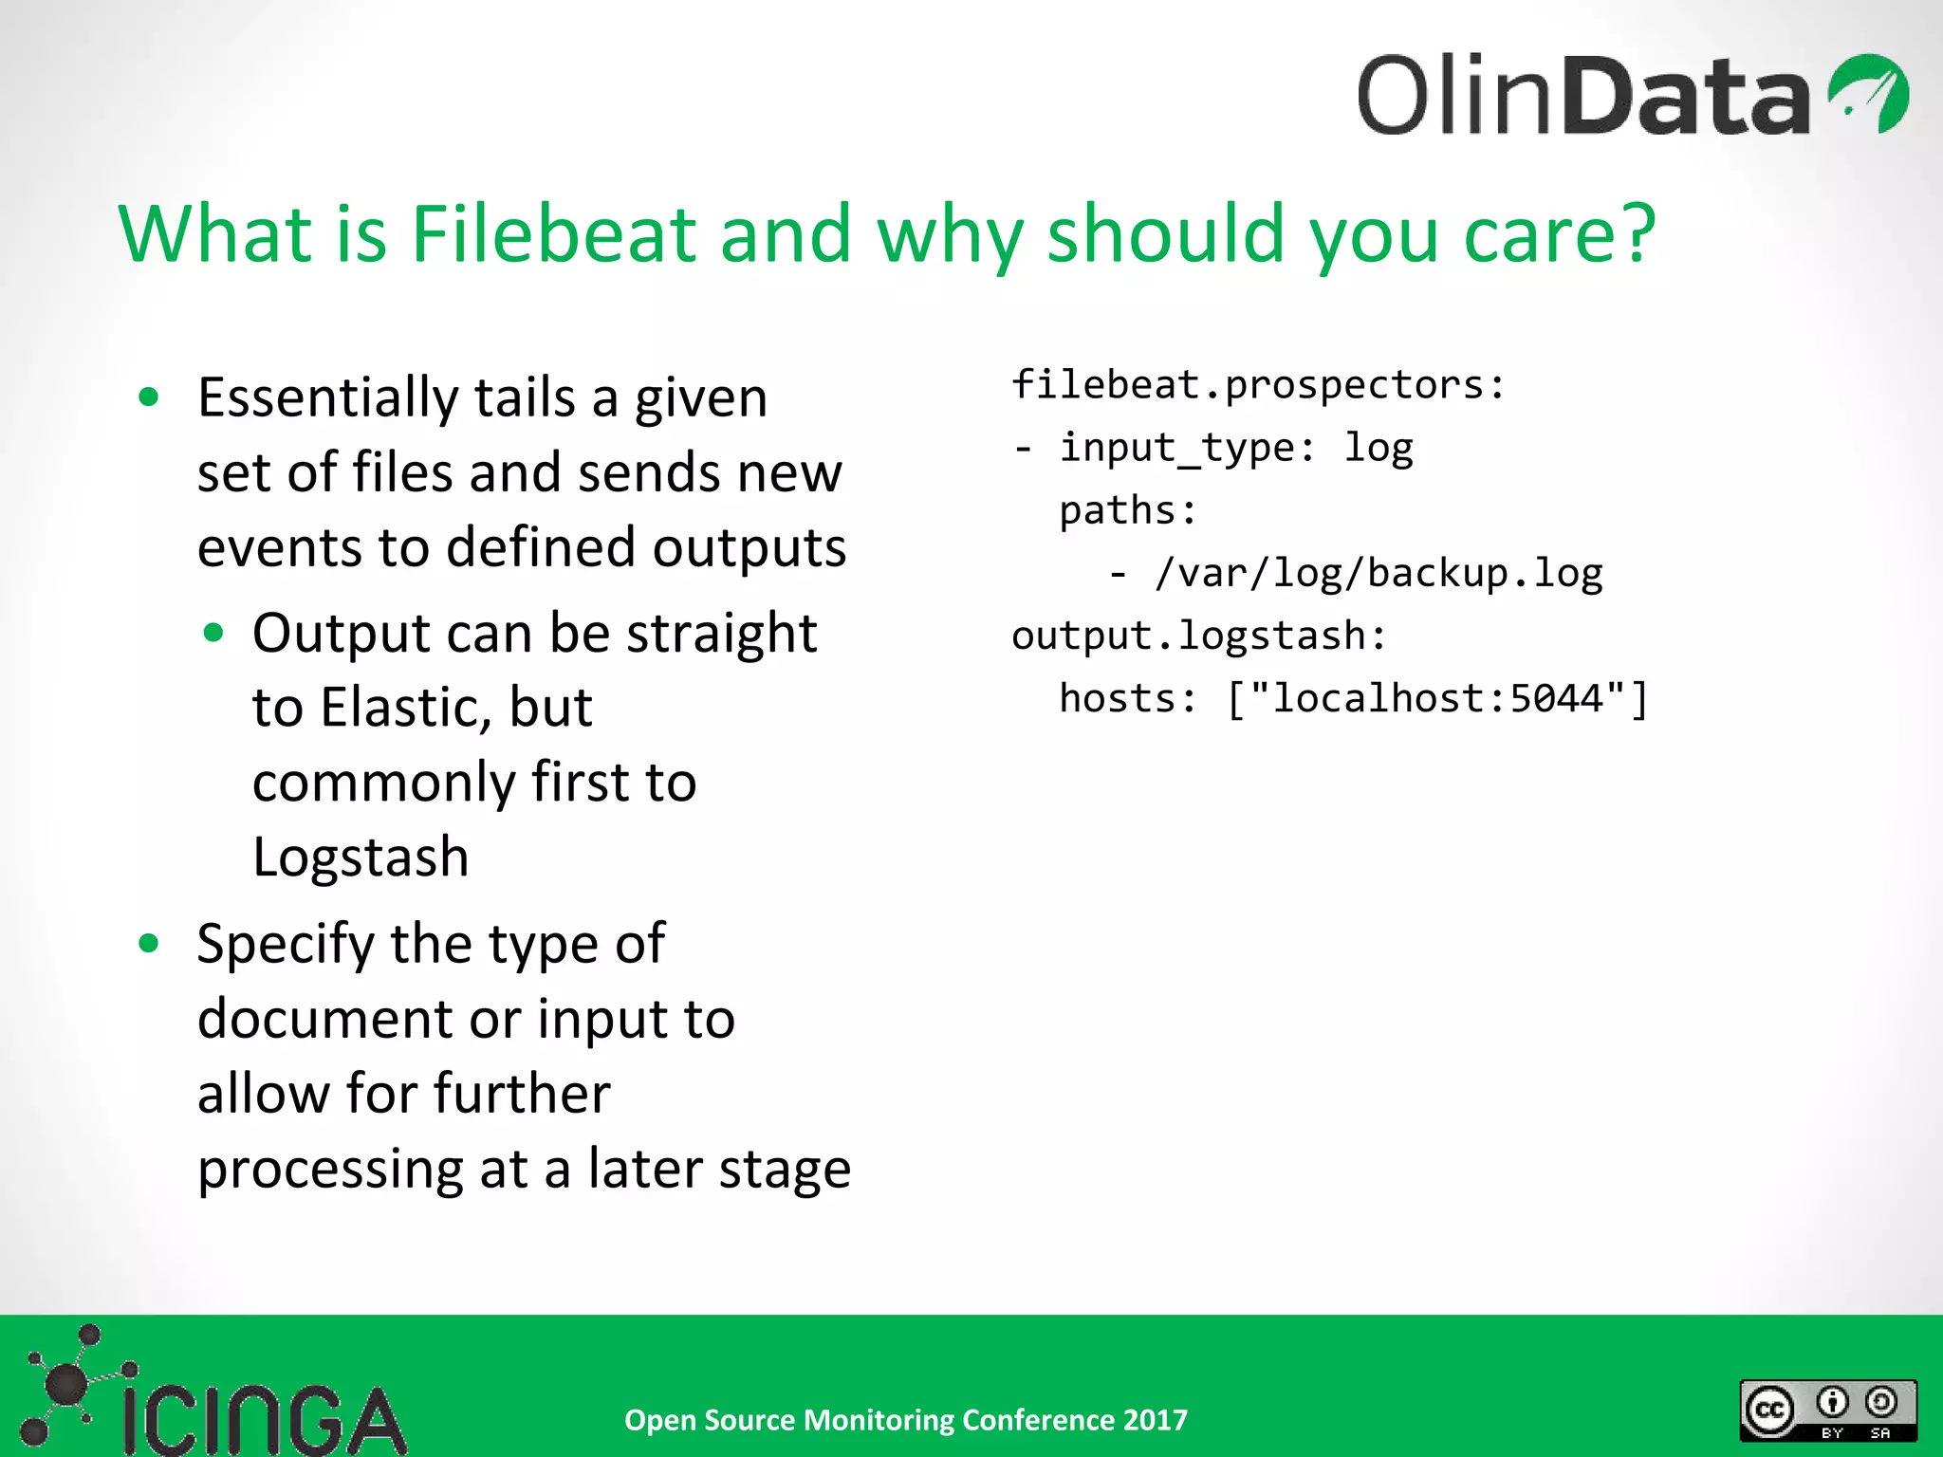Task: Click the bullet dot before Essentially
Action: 149,397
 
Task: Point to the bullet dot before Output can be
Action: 213,633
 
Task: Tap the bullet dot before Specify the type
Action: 149,943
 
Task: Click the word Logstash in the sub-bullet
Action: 361,858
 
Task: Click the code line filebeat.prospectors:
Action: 1258,385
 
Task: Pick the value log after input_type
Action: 1378,448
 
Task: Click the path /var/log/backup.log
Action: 1378,573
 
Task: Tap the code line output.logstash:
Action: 1198,636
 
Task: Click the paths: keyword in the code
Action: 1127,510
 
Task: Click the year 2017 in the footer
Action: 1155,1420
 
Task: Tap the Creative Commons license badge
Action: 1827,1410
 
